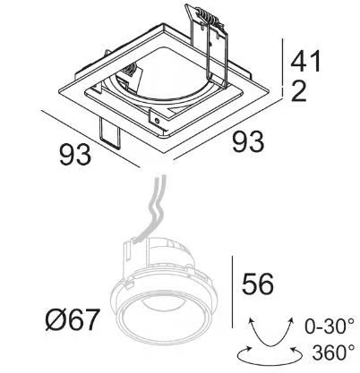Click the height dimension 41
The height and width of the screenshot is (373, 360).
(305, 61)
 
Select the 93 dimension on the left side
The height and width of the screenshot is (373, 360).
(75, 154)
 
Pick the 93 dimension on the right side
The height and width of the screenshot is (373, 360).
(248, 141)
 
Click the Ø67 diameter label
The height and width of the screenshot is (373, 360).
(72, 319)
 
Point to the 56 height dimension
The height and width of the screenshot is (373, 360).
(258, 284)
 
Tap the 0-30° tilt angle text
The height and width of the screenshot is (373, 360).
(330, 326)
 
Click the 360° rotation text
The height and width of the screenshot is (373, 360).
(334, 352)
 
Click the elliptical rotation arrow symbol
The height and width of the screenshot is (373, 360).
(270, 362)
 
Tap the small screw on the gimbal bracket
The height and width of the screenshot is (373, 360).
(157, 121)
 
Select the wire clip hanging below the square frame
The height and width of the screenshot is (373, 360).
(110, 132)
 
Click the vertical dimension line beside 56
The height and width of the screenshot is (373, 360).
(232, 292)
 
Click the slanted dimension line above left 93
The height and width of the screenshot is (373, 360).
(90, 140)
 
